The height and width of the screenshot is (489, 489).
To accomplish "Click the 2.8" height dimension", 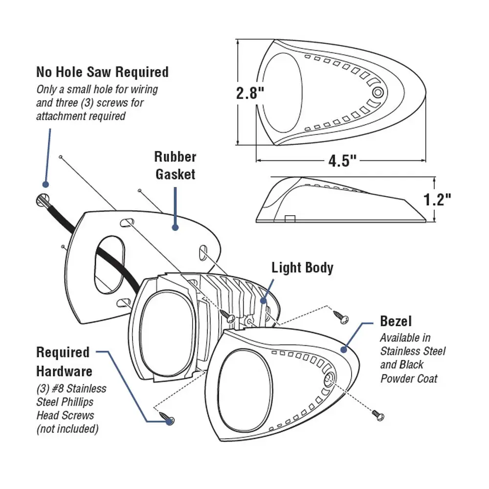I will [x=250, y=92].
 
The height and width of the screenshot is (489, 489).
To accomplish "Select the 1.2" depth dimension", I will [x=436, y=200].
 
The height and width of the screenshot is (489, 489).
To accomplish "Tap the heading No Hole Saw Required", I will [x=102, y=72].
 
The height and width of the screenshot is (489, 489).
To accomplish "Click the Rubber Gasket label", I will [x=175, y=165].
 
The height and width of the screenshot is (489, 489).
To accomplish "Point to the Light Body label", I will [x=302, y=267].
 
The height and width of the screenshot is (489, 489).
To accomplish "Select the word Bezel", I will [x=396, y=321].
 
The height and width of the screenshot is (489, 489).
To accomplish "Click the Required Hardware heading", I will [x=63, y=361].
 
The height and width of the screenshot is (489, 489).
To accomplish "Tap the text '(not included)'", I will [x=67, y=429].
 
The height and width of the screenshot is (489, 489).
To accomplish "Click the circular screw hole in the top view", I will [x=378, y=92].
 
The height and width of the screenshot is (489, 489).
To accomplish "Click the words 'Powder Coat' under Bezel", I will [x=409, y=378].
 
